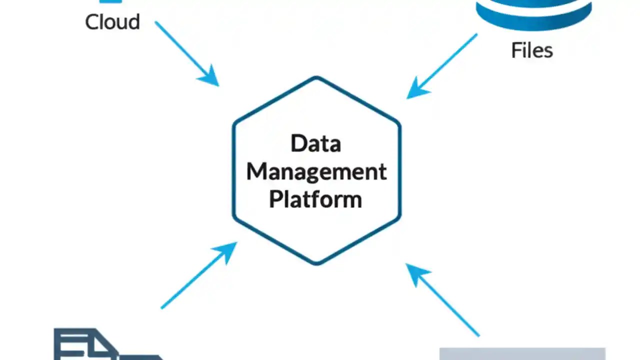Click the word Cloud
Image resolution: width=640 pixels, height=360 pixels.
pos(112,22)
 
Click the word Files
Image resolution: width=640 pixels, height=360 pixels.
pos(531,50)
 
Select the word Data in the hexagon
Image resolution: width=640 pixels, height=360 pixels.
pos(316,143)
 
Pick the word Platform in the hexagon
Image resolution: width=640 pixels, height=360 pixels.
pos(315,199)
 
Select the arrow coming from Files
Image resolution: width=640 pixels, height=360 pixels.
pos(445,64)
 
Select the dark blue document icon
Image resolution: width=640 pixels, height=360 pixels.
pos(90,345)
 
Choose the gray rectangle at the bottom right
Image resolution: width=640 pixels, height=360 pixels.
pos(522,353)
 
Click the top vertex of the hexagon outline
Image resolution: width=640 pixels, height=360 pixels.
pos(316,77)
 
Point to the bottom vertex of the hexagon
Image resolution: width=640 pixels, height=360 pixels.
pos(316,263)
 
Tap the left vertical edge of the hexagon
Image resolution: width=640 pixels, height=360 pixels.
pos(233,170)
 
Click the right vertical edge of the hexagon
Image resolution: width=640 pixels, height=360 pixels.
pos(399,170)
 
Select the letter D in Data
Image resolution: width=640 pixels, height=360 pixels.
pos(297,143)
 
